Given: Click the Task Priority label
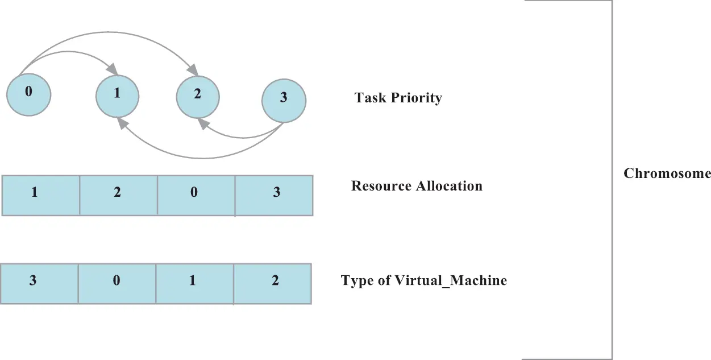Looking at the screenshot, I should coord(398,98).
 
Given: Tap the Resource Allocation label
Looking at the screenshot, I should coord(417,186).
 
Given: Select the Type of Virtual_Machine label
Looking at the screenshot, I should coord(423,280).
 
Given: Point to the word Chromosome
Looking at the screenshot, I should coord(667,173).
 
